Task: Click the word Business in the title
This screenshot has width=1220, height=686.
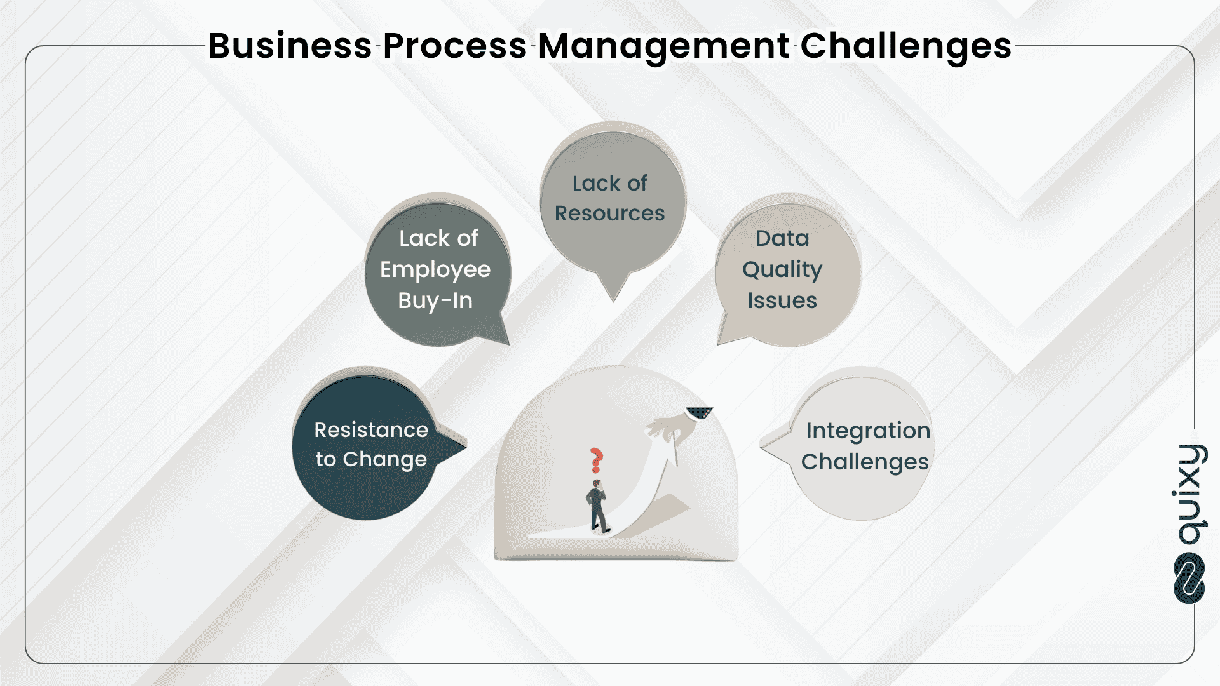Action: [x=290, y=46]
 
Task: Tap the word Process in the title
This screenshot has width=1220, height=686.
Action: [x=454, y=46]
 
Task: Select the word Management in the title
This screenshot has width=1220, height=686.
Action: [x=664, y=47]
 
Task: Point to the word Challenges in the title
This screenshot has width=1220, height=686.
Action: [x=905, y=47]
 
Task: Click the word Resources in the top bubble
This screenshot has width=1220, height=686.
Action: [x=609, y=213]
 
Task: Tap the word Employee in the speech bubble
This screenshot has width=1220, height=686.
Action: [x=435, y=270]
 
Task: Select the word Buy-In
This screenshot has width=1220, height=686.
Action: [x=435, y=300]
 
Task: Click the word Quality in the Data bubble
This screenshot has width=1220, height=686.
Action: [x=782, y=270]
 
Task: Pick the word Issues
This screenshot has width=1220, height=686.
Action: [x=782, y=300]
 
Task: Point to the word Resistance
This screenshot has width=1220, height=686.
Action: [x=371, y=430]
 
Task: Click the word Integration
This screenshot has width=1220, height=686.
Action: [x=868, y=431]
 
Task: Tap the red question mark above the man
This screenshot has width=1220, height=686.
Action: [x=596, y=460]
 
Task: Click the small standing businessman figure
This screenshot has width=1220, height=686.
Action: [x=597, y=506]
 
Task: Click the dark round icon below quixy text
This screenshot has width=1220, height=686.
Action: [x=1189, y=579]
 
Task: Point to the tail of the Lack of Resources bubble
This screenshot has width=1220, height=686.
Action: [x=613, y=289]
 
